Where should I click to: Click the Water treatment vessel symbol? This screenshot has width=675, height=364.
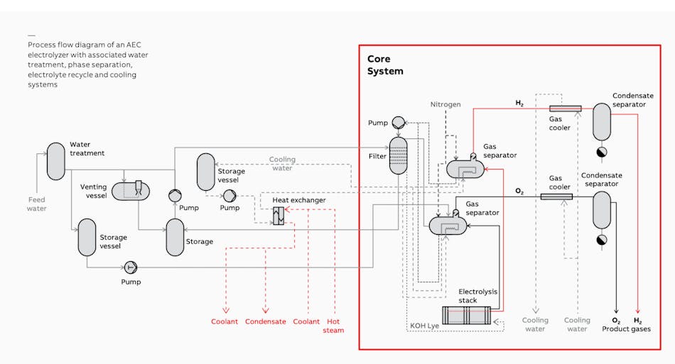(55, 161)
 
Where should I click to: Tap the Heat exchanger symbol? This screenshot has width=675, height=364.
(279, 218)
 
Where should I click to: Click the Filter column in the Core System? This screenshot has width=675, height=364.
(398, 156)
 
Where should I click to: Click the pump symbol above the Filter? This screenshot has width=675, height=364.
(398, 122)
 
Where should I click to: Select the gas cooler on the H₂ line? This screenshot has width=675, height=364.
(566, 109)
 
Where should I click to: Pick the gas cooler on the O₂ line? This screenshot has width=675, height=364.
(556, 196)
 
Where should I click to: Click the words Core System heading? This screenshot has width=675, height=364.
(385, 65)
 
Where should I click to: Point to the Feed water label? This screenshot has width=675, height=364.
(37, 204)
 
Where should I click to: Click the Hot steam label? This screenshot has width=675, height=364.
(333, 326)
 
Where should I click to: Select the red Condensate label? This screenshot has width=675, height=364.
(265, 321)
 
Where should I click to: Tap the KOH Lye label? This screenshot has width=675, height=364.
(424, 326)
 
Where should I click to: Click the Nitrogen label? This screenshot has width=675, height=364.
(445, 104)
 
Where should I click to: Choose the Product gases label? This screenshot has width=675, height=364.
(626, 329)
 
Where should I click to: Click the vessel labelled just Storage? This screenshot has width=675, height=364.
(175, 237)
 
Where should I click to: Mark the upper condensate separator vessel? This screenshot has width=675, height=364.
(602, 121)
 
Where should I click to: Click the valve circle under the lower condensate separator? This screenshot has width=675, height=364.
(603, 239)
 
